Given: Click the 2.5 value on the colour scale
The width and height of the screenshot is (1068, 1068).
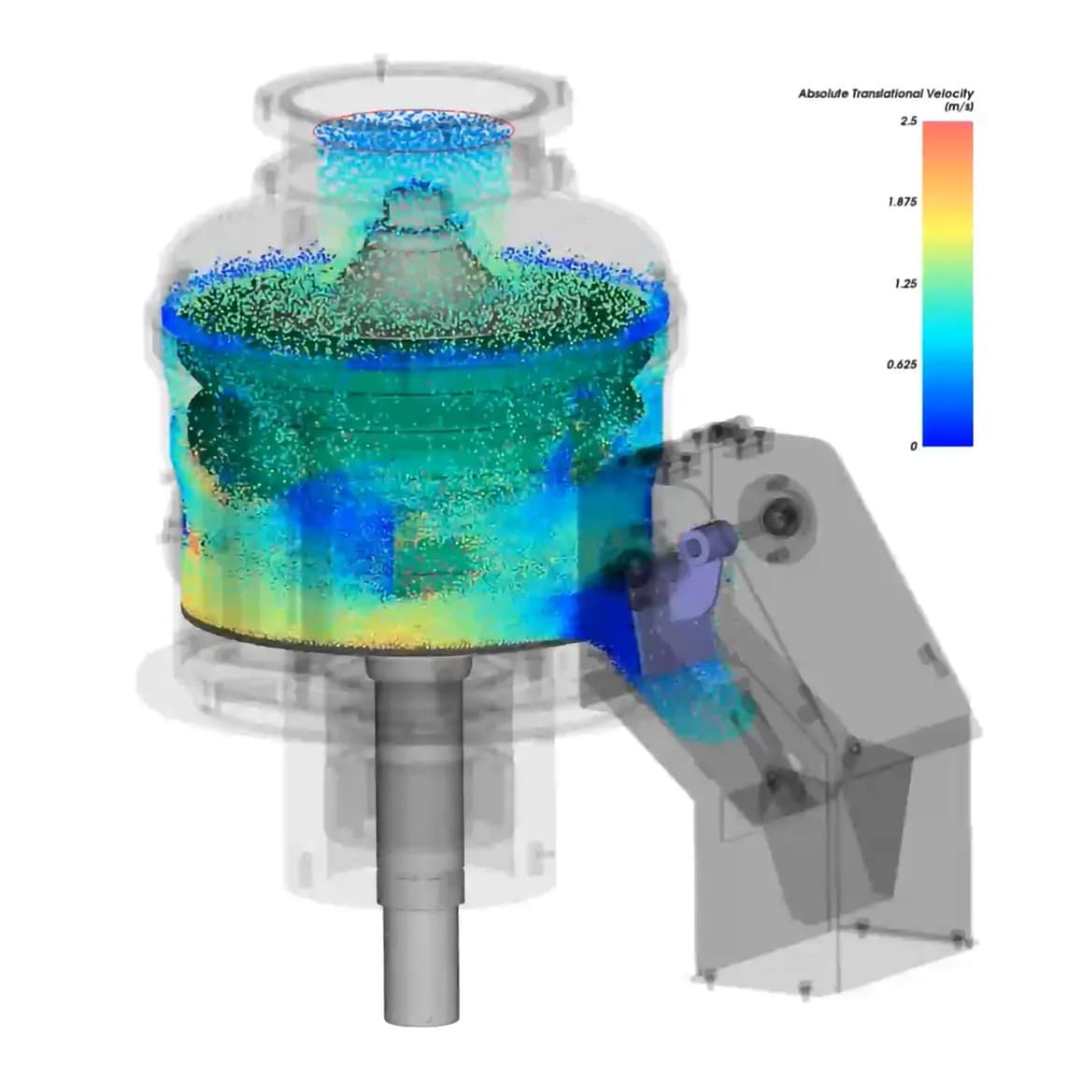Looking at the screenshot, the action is click(908, 121).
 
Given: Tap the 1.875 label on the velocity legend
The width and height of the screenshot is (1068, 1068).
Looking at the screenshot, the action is click(903, 202).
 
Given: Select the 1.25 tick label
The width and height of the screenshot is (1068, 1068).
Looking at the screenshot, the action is click(906, 283).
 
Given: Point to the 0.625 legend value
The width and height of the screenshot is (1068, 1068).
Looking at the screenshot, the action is click(902, 364).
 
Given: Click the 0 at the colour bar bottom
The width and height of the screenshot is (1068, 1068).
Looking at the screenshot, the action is click(914, 446).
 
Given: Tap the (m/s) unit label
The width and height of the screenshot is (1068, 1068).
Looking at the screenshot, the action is click(959, 107).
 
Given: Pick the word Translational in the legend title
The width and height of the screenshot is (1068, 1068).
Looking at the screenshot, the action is click(887, 94).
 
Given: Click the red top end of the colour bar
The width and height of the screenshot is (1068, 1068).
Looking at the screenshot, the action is click(947, 130).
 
